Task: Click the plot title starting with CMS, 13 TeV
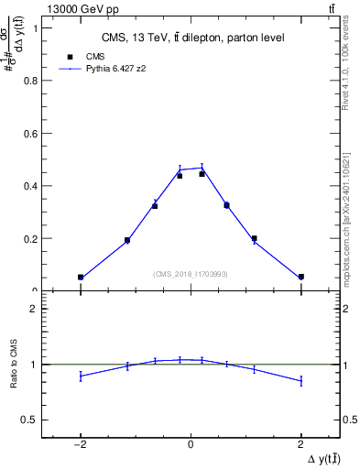[191, 38]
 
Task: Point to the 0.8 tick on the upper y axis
[34, 80]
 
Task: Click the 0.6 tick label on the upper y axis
[34, 133]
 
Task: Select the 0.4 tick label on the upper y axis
[34, 186]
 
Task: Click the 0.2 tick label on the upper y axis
[34, 239]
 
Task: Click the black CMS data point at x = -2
[81, 277]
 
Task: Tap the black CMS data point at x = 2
[300, 277]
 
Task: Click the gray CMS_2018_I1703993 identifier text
[191, 273]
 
